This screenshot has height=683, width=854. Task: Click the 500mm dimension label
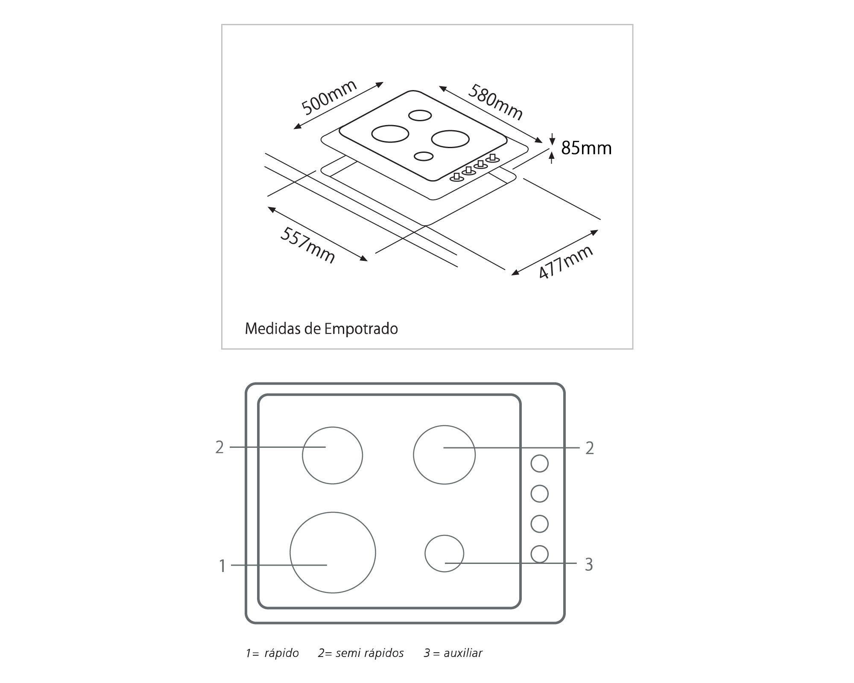329,98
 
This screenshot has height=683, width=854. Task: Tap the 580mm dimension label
495,102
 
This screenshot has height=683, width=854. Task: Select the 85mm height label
586,148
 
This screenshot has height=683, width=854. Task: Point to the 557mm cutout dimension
307,245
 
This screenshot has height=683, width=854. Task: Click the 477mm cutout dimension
565,262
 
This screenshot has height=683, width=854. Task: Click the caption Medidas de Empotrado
321,329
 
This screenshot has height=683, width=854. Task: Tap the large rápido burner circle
333,552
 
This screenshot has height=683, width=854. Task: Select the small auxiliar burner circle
444,554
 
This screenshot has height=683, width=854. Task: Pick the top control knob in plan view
539,463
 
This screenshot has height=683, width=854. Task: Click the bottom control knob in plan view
539,554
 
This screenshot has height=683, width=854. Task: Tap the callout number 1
222,566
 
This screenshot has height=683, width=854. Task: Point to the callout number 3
589,565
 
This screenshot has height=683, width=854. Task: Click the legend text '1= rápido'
272,653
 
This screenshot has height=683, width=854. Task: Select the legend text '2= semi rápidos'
361,653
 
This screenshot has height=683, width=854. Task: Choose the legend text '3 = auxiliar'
453,653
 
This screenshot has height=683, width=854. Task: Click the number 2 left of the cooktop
219,447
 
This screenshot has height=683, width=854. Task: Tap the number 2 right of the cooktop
590,448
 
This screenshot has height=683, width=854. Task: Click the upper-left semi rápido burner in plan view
332,455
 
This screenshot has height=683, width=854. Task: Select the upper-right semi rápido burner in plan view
444,455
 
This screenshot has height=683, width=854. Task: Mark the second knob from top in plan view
539,493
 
